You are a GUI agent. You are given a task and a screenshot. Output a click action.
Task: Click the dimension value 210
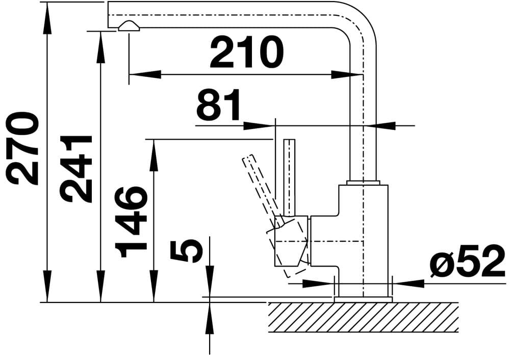coord(246,53)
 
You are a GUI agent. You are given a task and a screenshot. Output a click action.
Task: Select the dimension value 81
coord(219,106)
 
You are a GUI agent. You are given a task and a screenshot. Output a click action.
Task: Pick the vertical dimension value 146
coord(131,221)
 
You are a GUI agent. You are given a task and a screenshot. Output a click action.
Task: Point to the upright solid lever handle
coord(290,176)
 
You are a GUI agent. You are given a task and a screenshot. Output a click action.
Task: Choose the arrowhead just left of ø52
coord(408,282)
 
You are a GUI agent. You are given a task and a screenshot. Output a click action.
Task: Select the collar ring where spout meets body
coord(363,182)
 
